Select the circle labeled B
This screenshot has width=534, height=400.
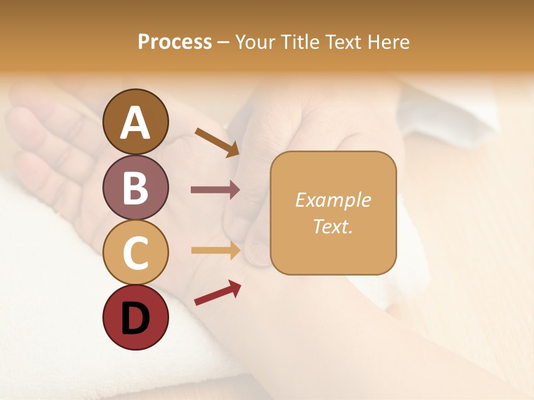pyautogui.click(x=135, y=187)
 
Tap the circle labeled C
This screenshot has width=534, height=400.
pyautogui.click(x=135, y=252)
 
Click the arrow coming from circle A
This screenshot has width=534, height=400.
pyautogui.click(x=217, y=142)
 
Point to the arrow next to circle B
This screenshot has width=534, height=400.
pyautogui.click(x=215, y=190)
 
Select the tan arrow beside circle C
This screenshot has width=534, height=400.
pyautogui.click(x=215, y=251)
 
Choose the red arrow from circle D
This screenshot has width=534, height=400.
pyautogui.click(x=217, y=293)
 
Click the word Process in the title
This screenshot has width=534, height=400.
pyautogui.click(x=175, y=42)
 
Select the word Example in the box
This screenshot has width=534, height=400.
pyautogui.click(x=333, y=200)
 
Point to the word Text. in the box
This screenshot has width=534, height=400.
pyautogui.click(x=333, y=226)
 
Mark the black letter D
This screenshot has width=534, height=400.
pyautogui.click(x=135, y=318)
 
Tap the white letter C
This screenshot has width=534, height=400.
pyautogui.click(x=135, y=253)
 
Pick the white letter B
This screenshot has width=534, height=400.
pyautogui.click(x=135, y=187)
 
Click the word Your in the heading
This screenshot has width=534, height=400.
pyautogui.click(x=256, y=42)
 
